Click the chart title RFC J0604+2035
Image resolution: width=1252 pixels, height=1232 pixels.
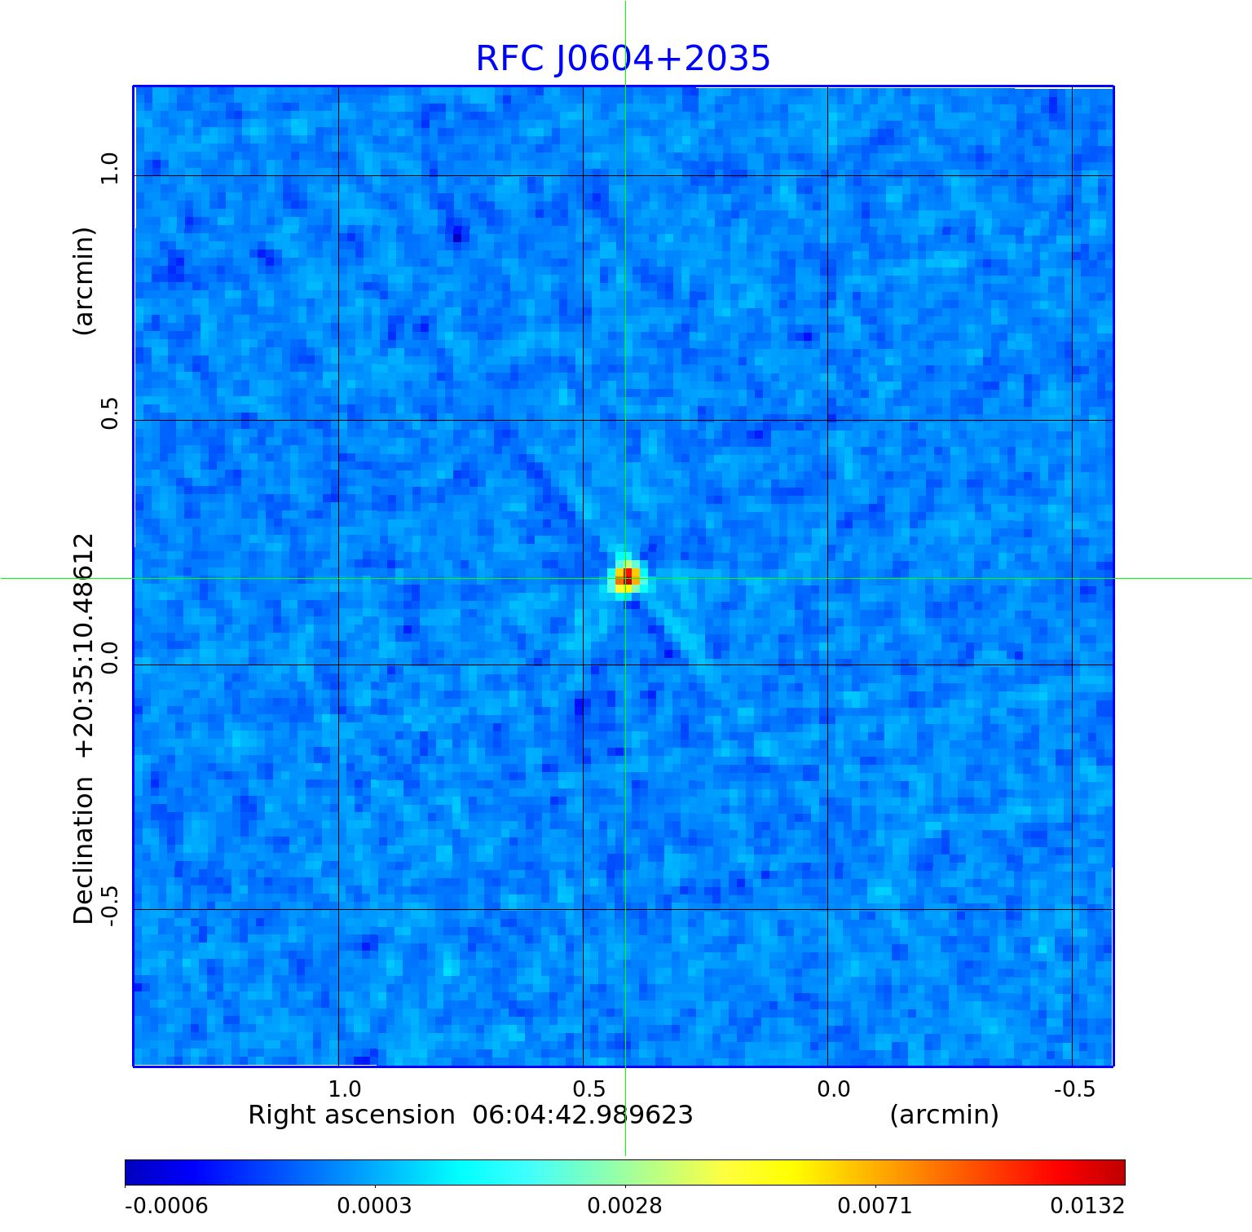(x=623, y=59)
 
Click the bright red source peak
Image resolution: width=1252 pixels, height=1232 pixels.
(x=627, y=576)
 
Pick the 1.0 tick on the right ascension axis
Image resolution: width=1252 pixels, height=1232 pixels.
(x=345, y=1089)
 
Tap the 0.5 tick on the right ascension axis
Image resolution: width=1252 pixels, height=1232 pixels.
(x=589, y=1089)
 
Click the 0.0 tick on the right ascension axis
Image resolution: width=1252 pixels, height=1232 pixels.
(x=834, y=1089)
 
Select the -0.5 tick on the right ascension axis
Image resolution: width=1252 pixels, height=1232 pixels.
(x=1074, y=1089)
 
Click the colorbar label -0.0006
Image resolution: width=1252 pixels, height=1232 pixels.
(x=166, y=1206)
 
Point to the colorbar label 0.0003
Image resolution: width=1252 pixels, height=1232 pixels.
(x=374, y=1206)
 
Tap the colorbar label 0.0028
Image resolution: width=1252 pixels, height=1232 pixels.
(x=625, y=1206)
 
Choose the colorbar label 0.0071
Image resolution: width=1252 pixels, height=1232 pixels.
(x=875, y=1206)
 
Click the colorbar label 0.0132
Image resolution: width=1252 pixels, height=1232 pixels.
(x=1087, y=1206)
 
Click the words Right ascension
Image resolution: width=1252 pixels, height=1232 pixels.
(x=351, y=1115)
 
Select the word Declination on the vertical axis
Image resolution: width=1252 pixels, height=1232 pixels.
(x=84, y=850)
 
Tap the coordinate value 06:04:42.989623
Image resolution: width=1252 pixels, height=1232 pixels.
(x=583, y=1115)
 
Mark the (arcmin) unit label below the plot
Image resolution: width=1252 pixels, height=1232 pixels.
(x=944, y=1115)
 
